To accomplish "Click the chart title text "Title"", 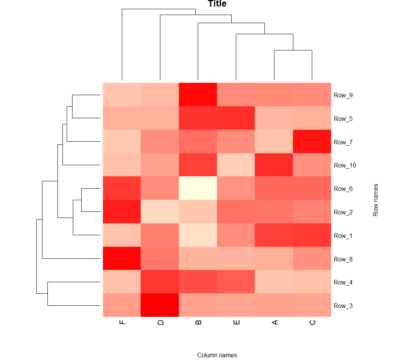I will pyautogui.click(x=217, y=4).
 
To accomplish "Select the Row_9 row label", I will pyautogui.click(x=343, y=95).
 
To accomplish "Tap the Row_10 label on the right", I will pyautogui.click(x=345, y=165).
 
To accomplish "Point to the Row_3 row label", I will pyautogui.click(x=343, y=306).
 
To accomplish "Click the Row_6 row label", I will pyautogui.click(x=343, y=189).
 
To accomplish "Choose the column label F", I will pyautogui.click(x=122, y=322).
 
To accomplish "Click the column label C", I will pyautogui.click(x=312, y=322).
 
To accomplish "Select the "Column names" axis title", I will pyautogui.click(x=217, y=355).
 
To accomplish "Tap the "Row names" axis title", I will pyautogui.click(x=376, y=200).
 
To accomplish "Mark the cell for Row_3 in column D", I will pyautogui.click(x=160, y=305).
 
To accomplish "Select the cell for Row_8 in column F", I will pyautogui.click(x=122, y=259).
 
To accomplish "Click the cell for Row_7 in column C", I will pyautogui.click(x=312, y=142).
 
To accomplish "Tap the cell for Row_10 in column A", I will pyautogui.click(x=274, y=165).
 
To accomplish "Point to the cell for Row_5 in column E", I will pyautogui.click(x=236, y=118).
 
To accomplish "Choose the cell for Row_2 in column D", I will pyautogui.click(x=160, y=212).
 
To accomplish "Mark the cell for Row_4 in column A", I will pyautogui.click(x=274, y=282).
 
